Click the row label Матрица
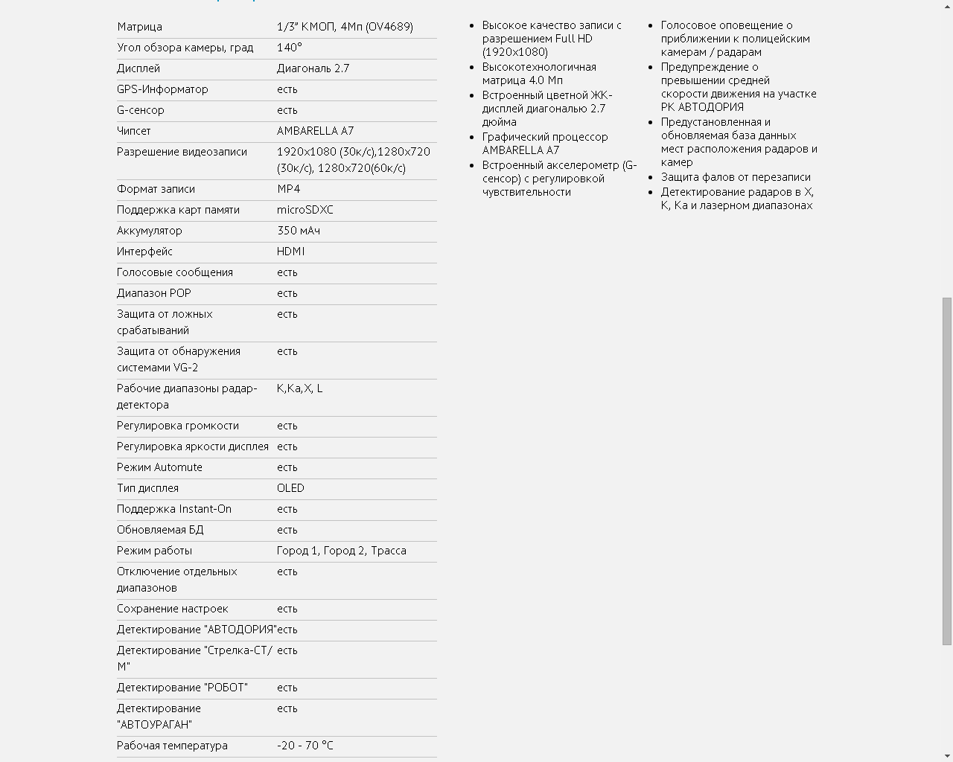click(x=139, y=27)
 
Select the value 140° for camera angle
click(x=290, y=48)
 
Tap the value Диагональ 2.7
click(x=313, y=68)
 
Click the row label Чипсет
click(x=134, y=131)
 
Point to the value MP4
click(x=289, y=189)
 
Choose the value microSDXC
click(x=305, y=210)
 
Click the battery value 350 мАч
click(x=299, y=231)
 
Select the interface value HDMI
click(x=291, y=252)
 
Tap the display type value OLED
click(x=290, y=488)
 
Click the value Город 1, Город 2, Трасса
click(x=342, y=551)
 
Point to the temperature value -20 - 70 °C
click(x=305, y=746)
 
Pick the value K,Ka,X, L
click(x=300, y=388)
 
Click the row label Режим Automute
click(x=159, y=467)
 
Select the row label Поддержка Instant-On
click(x=174, y=509)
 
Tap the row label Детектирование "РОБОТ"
click(x=182, y=688)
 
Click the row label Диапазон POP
click(x=154, y=293)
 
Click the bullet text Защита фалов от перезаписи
click(x=736, y=177)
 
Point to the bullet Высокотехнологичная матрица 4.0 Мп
click(x=539, y=74)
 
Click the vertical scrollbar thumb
click(x=947, y=470)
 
